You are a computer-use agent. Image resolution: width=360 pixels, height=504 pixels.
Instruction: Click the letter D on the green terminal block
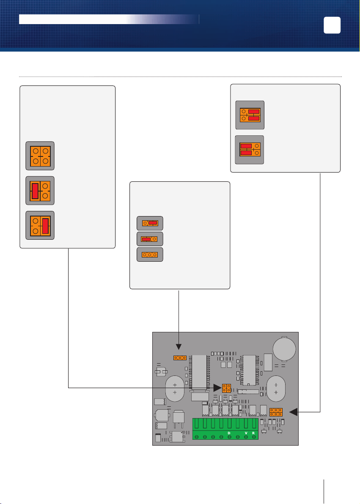click(x=229, y=433)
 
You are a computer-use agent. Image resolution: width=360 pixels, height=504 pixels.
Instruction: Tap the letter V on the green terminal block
click(x=246, y=433)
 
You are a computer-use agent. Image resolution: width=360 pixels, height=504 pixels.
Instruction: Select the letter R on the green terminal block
click(x=253, y=433)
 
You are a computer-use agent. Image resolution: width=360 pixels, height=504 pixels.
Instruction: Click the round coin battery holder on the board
click(x=284, y=348)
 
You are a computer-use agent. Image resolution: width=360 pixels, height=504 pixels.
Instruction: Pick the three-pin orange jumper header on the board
click(x=180, y=358)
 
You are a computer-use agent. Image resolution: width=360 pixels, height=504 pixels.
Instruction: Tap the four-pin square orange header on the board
click(x=226, y=388)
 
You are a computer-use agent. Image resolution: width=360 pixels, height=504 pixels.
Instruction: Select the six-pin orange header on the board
click(x=276, y=412)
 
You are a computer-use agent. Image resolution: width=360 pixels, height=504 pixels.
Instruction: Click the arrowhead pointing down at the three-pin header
click(x=179, y=347)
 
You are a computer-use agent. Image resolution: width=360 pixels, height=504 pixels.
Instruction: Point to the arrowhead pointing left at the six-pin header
click(x=294, y=412)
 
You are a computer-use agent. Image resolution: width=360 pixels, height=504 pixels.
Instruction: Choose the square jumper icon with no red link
click(x=40, y=156)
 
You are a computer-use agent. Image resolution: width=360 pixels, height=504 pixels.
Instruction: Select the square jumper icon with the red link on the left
click(x=40, y=191)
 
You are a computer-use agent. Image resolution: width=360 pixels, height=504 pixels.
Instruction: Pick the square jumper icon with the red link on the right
click(x=40, y=225)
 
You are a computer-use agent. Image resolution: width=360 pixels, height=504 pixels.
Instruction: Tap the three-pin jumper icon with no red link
click(x=150, y=255)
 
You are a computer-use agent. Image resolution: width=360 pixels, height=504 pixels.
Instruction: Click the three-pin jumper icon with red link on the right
click(x=150, y=223)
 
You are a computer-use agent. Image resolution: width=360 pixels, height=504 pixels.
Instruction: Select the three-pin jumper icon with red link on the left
click(x=150, y=239)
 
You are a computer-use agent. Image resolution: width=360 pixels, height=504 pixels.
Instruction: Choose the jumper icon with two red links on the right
click(x=250, y=115)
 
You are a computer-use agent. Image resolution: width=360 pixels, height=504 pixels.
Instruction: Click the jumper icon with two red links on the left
click(x=250, y=150)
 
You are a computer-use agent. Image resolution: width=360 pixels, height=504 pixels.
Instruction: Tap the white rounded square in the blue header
click(x=332, y=25)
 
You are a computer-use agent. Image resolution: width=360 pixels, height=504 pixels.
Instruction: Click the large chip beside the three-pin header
click(x=199, y=373)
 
